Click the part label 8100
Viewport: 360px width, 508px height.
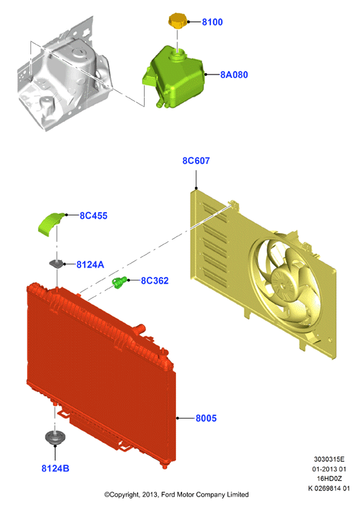[212, 22]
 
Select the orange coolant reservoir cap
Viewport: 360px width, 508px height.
[177, 21]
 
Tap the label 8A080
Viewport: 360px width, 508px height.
[234, 75]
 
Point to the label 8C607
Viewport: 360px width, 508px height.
[196, 161]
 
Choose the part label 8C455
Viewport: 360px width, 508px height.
[93, 216]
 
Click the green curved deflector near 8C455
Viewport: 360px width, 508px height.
[51, 224]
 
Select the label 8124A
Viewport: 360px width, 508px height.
[90, 265]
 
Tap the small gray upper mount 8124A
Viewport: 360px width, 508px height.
[56, 264]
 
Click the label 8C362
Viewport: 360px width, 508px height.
[155, 280]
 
